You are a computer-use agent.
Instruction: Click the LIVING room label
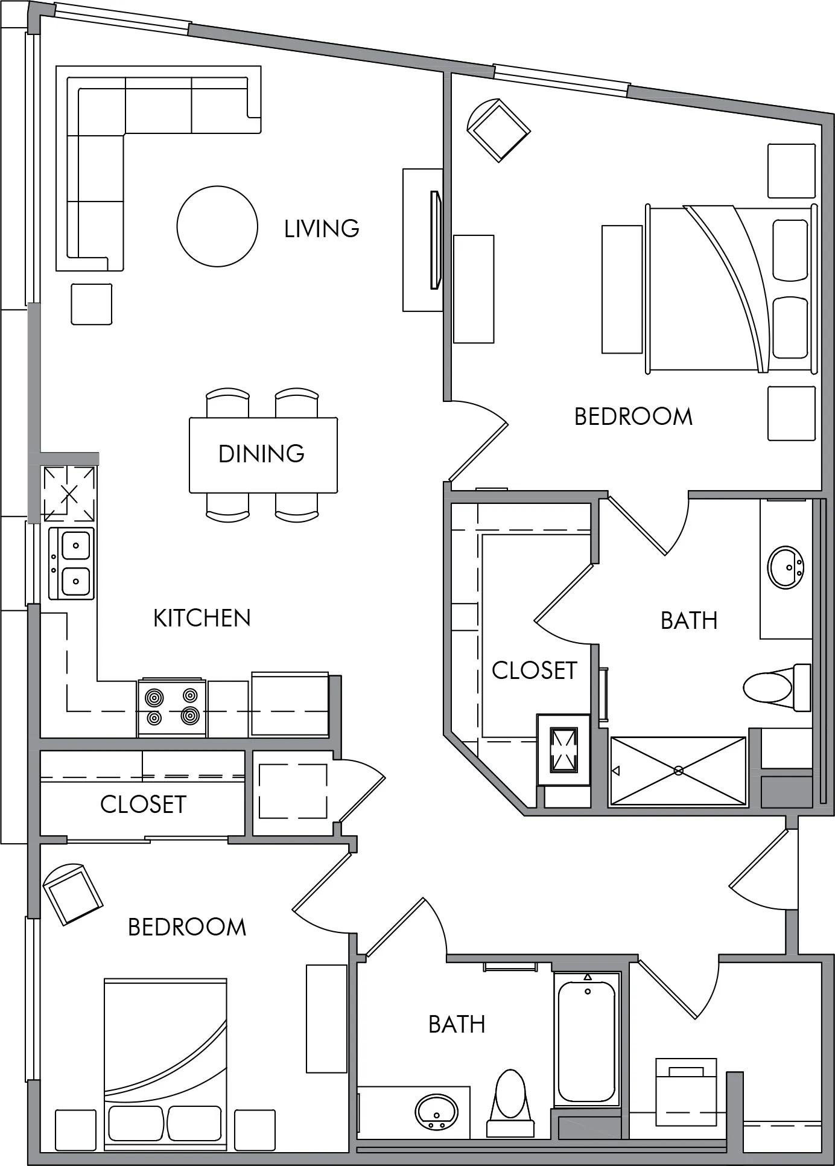coord(322,229)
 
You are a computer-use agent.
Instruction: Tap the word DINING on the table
coord(261,454)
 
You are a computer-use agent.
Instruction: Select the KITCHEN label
coord(202,618)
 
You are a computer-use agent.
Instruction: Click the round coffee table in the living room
coord(217,226)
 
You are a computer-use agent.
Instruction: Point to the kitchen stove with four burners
coord(172,707)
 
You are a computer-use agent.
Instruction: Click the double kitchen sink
coord(71,563)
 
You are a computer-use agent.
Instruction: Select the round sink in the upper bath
coord(786,567)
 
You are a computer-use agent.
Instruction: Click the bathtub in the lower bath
coord(587,1039)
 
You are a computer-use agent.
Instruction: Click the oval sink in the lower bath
coord(437,1111)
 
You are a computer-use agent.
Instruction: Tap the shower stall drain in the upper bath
coord(678,771)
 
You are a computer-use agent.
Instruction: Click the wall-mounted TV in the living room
coord(435,240)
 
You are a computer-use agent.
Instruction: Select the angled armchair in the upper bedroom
coord(498,130)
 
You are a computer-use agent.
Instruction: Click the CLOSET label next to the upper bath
coord(535,671)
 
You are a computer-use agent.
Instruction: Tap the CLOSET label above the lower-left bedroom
coord(143,804)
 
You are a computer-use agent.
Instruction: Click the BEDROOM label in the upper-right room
coord(633,417)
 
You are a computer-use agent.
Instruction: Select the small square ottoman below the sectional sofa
coord(92,304)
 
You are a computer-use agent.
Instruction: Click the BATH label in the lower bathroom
coord(457,1025)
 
